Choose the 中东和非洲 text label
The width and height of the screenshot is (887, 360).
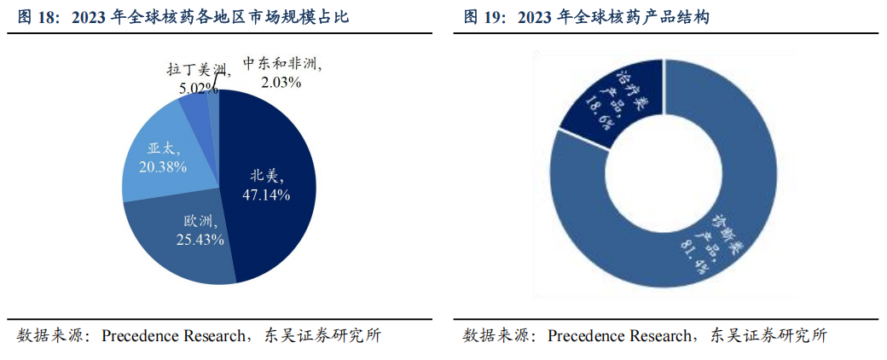coord(282,65)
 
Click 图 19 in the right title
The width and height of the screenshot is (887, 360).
coord(483,16)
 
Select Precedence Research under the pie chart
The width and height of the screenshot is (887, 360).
coord(172,335)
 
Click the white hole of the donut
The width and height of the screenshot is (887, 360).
coord(664,175)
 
